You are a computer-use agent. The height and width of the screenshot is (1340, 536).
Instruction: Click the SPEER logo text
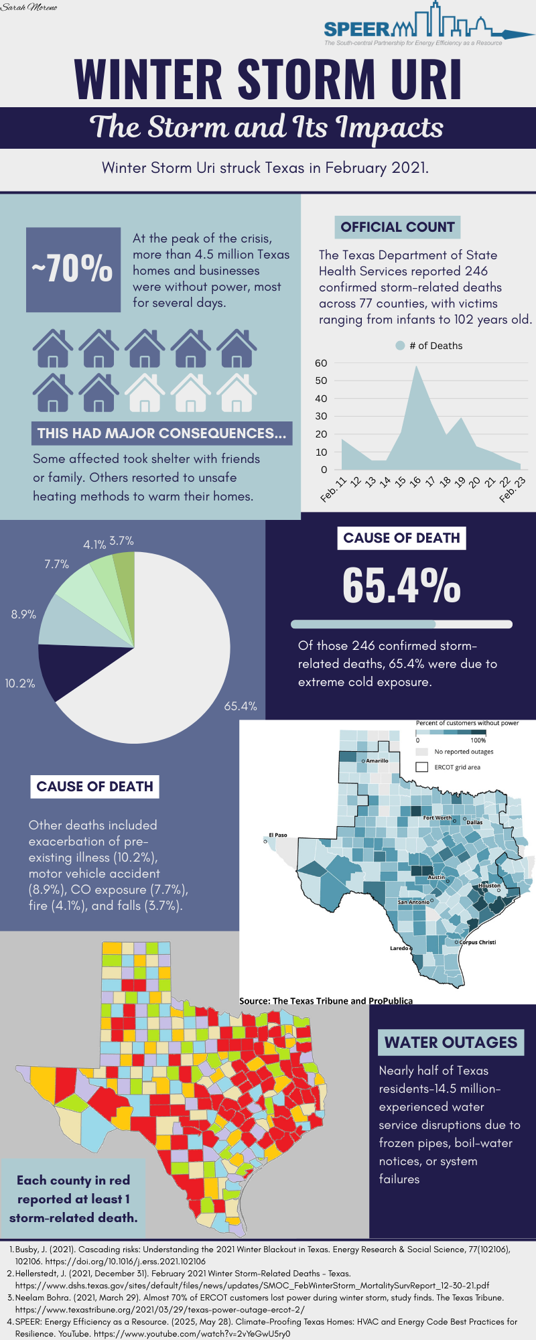coord(356,29)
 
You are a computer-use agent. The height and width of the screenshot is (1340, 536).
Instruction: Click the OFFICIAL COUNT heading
coord(397,227)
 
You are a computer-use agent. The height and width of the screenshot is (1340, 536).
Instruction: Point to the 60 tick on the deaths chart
coord(321,363)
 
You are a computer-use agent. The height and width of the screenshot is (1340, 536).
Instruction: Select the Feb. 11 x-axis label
coord(334,489)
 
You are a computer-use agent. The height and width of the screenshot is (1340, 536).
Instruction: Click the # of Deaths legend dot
coord(400,346)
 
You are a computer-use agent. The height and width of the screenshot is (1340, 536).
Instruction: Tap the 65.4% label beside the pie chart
coord(241,706)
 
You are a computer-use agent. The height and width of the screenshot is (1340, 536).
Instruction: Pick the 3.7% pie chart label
coord(121,541)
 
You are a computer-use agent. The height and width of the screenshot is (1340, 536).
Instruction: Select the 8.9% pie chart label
coord(23,614)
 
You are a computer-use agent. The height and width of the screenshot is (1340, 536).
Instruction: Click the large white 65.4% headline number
coord(401,585)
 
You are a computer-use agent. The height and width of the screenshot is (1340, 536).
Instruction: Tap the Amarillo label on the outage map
coord(377,760)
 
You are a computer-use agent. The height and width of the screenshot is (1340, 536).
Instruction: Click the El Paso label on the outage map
coord(278,835)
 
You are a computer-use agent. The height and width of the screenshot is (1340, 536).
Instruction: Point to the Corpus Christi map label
coord(477,942)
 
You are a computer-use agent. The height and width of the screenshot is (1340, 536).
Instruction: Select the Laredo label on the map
coord(399,948)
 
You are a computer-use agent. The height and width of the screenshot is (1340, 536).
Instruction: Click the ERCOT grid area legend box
coord(422,767)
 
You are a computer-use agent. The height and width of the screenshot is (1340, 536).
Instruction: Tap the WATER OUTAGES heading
coord(450,1043)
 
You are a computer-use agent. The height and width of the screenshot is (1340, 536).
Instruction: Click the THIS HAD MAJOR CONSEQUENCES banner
coord(161,433)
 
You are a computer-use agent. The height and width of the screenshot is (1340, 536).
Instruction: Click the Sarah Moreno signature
coord(29,7)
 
